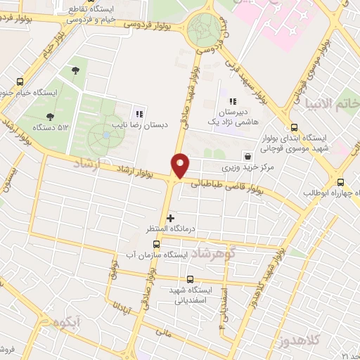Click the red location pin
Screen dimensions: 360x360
181,164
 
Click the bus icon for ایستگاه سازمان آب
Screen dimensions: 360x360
156,245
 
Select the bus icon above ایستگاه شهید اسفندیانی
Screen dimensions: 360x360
191,279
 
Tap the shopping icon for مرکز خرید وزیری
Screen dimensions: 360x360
247,156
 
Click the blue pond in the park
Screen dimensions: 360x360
105,134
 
